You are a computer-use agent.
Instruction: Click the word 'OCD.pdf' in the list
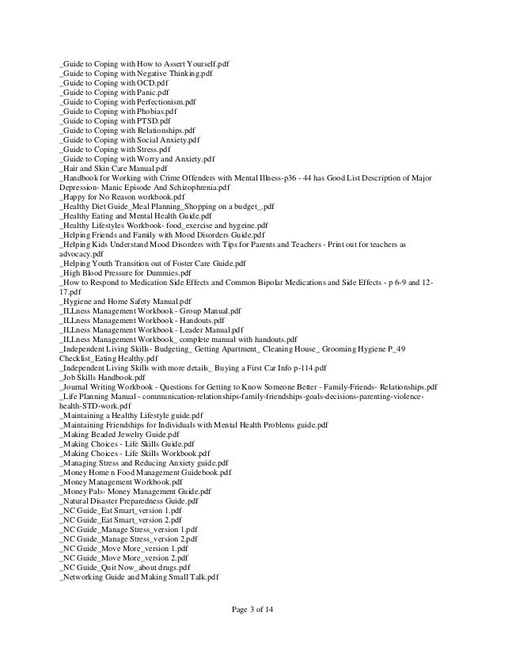click(153, 82)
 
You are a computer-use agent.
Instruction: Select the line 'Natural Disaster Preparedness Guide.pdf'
click(129, 501)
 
